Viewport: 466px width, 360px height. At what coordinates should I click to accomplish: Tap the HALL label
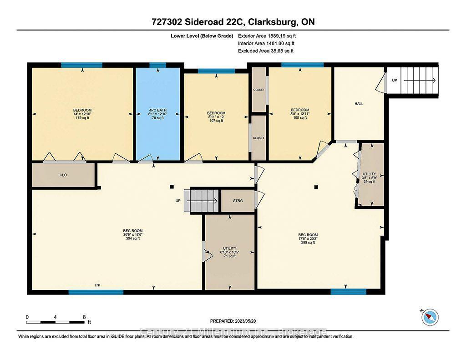coord(359,104)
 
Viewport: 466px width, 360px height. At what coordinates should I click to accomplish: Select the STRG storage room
coord(238,201)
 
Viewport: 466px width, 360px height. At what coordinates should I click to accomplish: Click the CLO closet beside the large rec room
coord(63,174)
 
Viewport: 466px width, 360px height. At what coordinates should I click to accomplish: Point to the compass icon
coord(430,317)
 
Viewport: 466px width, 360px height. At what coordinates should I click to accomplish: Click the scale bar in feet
coord(55,322)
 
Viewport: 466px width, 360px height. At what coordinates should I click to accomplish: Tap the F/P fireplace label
coord(97,285)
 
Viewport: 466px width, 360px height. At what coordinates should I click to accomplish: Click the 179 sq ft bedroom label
coord(82,118)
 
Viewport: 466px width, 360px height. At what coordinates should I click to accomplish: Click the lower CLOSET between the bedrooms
coord(258,138)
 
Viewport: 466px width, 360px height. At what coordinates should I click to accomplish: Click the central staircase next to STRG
coord(204,201)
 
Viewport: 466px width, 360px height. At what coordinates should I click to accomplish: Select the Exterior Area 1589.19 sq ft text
coord(269,35)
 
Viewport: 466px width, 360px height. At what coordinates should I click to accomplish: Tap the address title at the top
coord(233,22)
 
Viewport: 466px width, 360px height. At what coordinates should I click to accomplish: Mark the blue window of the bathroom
coord(158,66)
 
